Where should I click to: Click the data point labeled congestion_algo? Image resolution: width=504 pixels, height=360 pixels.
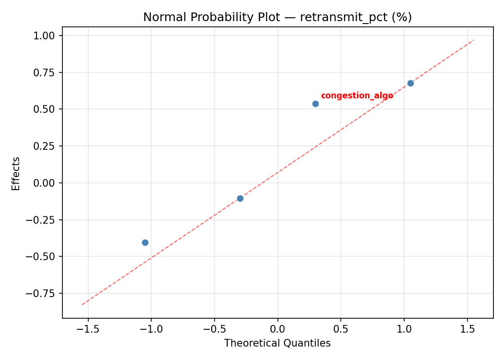click(315, 104)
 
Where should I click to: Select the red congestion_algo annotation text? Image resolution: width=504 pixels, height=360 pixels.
click(357, 96)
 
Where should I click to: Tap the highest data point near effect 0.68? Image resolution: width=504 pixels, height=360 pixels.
click(410, 83)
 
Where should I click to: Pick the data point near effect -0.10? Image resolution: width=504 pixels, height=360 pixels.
click(240, 198)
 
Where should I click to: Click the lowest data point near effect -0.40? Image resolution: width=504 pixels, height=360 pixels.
click(145, 242)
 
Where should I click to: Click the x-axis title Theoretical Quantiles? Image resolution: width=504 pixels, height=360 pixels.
click(277, 343)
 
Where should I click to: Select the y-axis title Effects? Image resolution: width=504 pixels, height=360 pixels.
click(16, 173)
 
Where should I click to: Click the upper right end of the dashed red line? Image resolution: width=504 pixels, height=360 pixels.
click(473, 40)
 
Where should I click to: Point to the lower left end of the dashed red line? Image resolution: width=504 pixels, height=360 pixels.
click(82, 304)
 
